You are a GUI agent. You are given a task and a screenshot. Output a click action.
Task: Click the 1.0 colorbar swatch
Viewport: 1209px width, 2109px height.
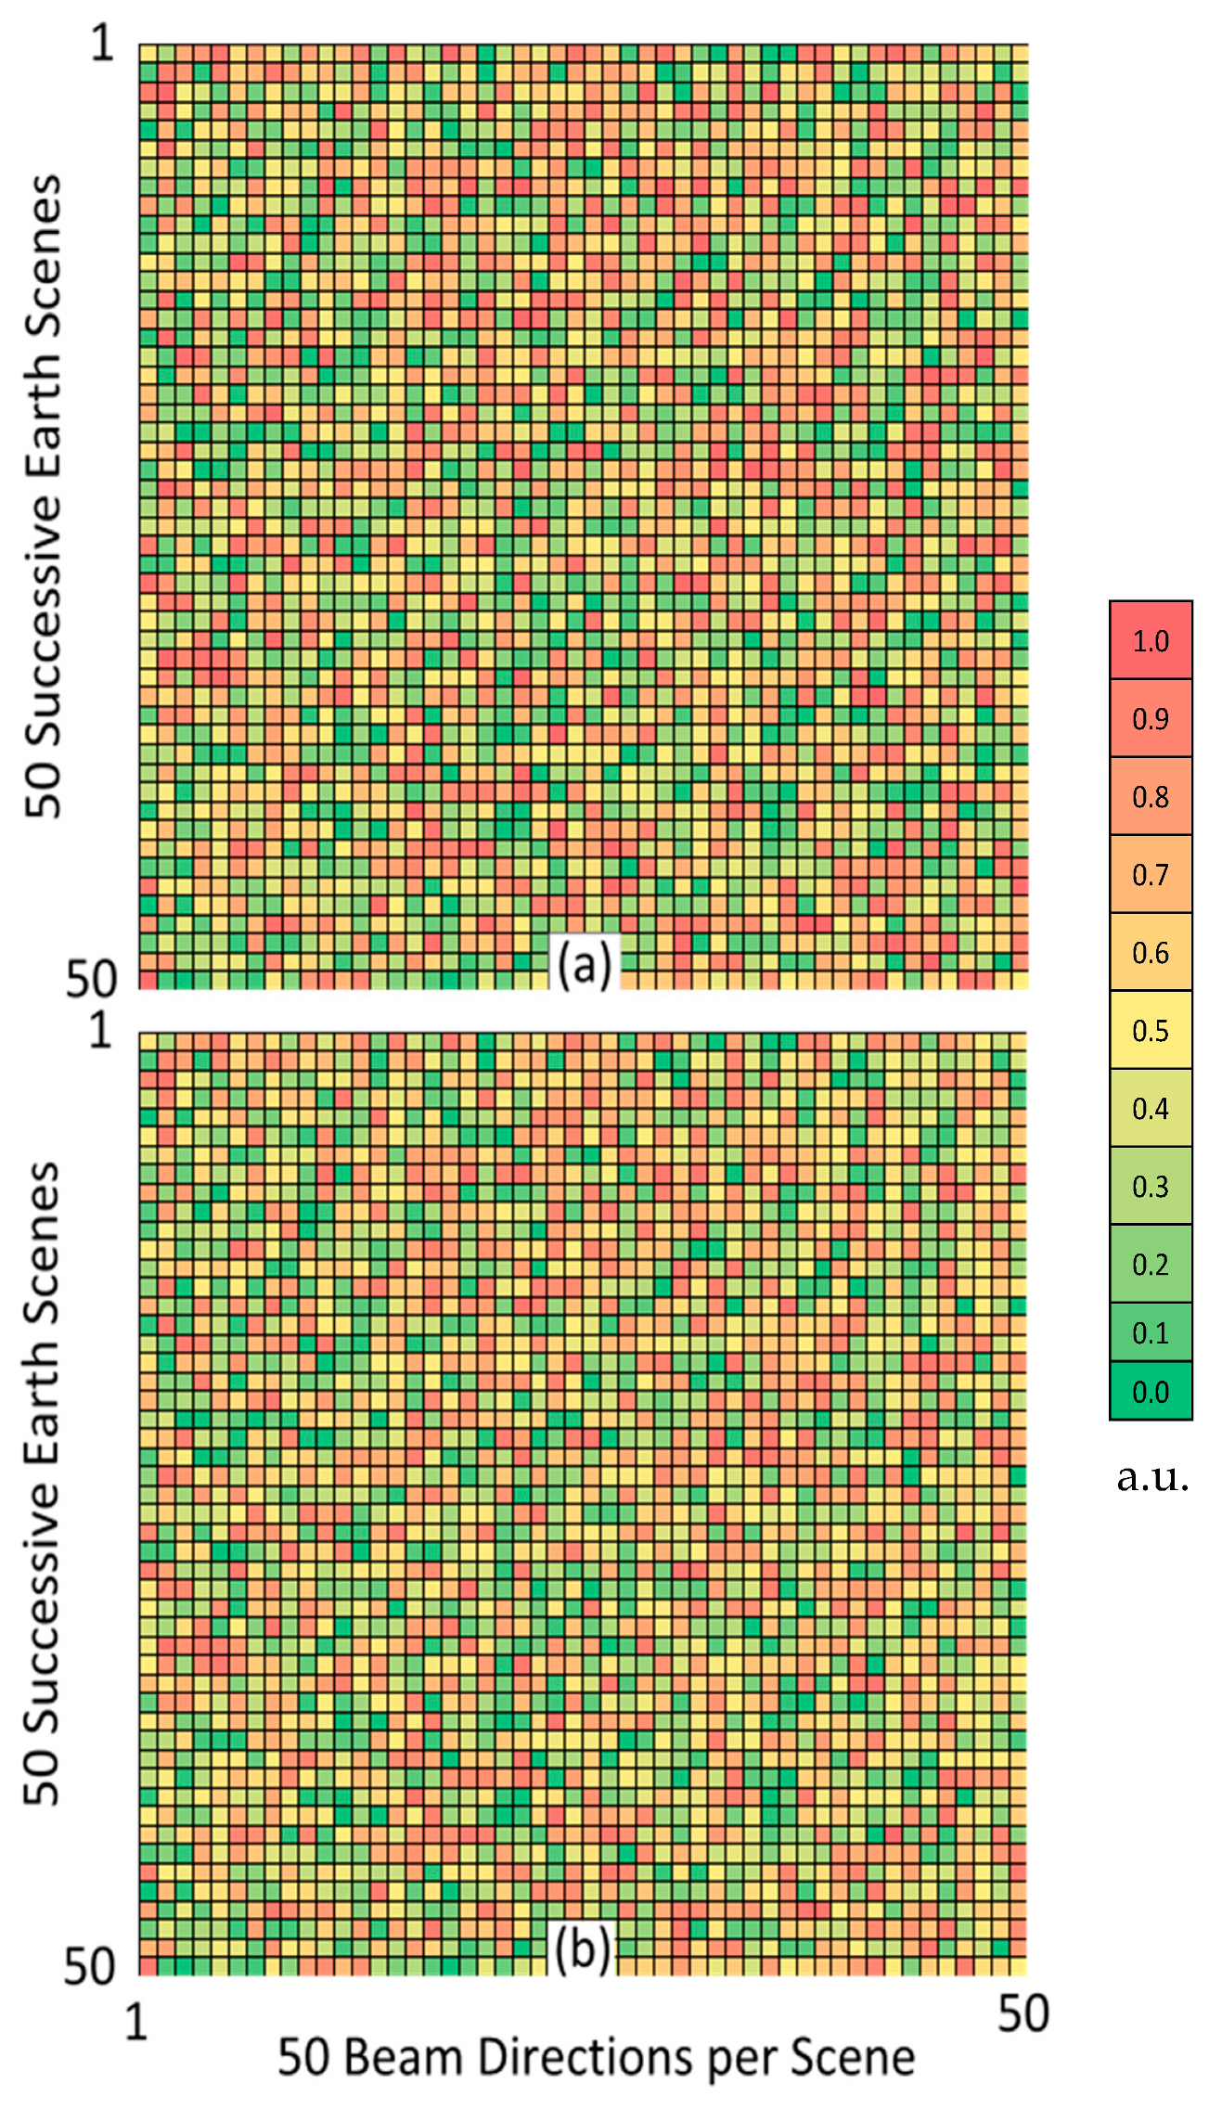(x=1150, y=640)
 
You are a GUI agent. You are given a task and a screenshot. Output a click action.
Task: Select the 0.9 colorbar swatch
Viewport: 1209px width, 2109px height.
(x=1150, y=718)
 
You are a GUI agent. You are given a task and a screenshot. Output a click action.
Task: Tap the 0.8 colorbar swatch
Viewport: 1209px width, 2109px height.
(x=1150, y=796)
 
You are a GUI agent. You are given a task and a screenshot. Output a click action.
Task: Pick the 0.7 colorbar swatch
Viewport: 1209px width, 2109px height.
(x=1150, y=874)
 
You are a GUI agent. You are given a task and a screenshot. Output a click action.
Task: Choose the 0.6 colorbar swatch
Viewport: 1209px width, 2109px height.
(x=1150, y=952)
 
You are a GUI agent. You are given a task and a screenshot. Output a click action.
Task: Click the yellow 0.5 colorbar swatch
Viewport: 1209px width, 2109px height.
(x=1150, y=1030)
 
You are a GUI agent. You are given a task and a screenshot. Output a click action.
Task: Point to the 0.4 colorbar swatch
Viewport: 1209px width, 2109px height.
(x=1150, y=1108)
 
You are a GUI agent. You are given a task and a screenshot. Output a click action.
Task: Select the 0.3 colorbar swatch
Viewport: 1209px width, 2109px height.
(x=1150, y=1186)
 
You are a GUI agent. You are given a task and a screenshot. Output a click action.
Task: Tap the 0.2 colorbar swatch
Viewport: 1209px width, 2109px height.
(x=1150, y=1264)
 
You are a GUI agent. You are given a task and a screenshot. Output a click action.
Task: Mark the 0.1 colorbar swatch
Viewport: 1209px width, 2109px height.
(x=1150, y=1332)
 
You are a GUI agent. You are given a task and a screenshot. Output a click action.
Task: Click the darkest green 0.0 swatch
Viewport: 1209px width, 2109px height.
(x=1150, y=1391)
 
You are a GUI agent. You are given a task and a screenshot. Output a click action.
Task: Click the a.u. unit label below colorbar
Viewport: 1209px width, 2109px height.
(x=1151, y=1476)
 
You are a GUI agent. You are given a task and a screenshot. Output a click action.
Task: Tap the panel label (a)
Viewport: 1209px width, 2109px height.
(x=584, y=964)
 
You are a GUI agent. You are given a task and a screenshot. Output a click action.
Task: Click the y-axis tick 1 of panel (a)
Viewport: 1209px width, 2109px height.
(x=102, y=43)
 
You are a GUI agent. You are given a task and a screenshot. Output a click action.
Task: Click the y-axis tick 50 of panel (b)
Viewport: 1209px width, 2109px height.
(x=89, y=1965)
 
